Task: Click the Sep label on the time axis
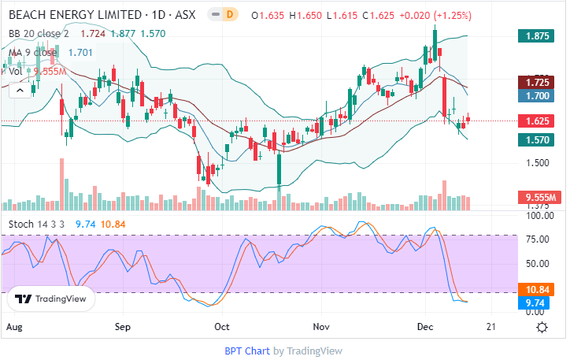123,326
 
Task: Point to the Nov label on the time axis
320,326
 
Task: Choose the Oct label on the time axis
222,326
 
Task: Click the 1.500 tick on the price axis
538,163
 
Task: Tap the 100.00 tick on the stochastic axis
538,216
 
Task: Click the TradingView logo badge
52,299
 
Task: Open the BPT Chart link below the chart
247,351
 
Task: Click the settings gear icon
542,327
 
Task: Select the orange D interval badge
230,15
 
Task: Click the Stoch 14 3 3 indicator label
38,225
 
